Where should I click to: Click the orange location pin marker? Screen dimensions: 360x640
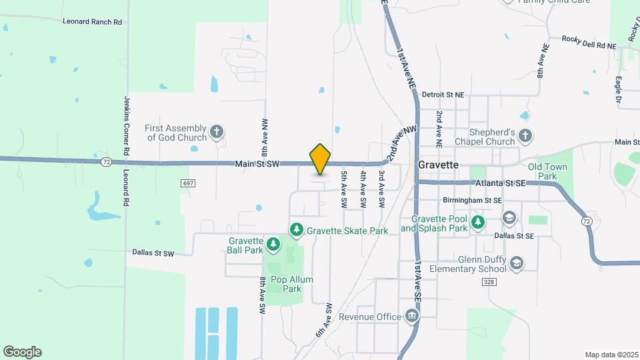click(321, 159)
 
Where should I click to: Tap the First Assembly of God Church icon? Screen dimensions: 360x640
click(216, 132)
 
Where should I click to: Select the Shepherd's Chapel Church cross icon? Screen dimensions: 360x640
click(525, 136)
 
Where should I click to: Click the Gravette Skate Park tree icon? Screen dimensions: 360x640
click(296, 230)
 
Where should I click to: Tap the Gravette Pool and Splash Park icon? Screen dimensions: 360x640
click(478, 223)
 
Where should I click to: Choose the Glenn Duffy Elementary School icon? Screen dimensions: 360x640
click(516, 264)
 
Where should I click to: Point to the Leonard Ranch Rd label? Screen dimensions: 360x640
click(93, 21)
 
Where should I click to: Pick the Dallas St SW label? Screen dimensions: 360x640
click(153, 253)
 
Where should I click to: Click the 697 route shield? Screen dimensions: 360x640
click(187, 183)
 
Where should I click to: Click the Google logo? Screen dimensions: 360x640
click(22, 351)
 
